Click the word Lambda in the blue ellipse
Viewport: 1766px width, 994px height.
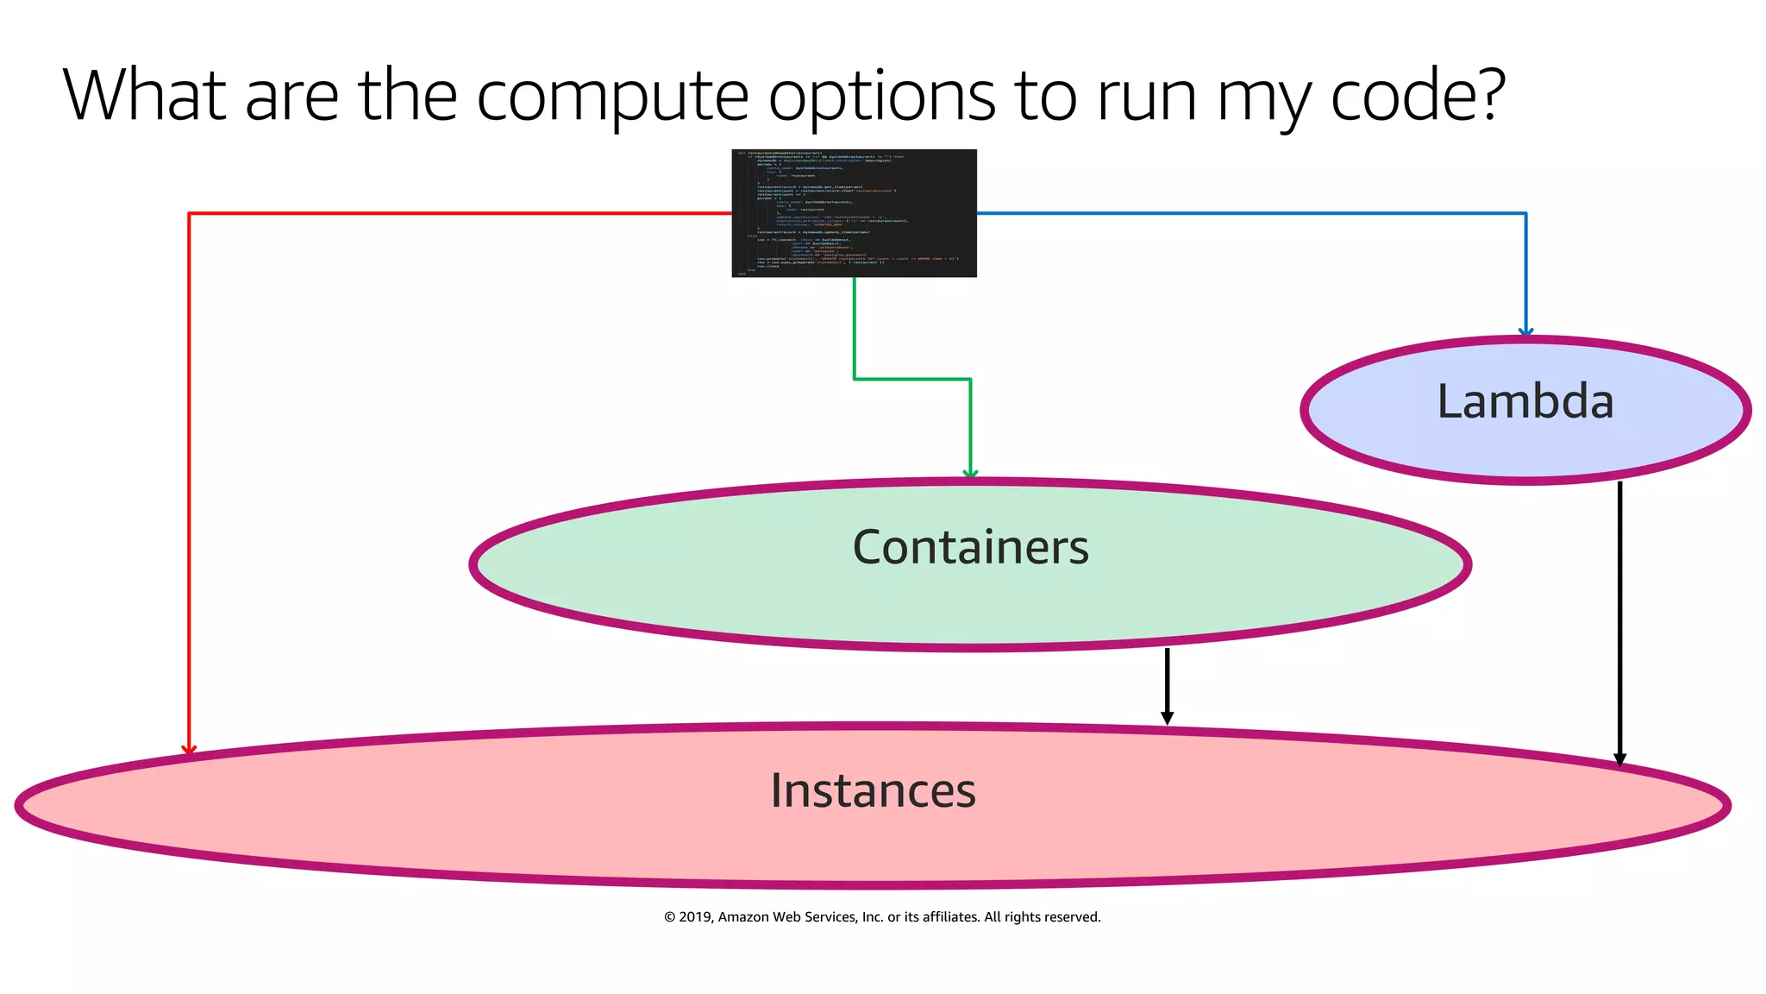pos(1525,402)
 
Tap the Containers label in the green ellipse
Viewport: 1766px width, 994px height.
pos(970,547)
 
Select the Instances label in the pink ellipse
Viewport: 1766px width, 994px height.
pos(873,790)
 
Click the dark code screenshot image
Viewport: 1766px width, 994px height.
pos(854,213)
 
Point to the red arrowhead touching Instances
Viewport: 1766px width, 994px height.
pos(189,750)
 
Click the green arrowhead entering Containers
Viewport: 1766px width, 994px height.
pos(970,473)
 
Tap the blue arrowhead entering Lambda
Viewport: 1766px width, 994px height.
pos(1525,332)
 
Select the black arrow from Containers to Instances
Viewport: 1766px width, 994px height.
pos(1167,686)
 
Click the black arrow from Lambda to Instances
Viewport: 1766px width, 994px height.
pos(1619,621)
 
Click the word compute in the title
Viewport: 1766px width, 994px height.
pos(612,97)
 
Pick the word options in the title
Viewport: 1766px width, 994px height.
pos(881,97)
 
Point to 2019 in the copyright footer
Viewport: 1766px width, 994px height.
pos(694,917)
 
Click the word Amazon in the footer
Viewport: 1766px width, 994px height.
pos(743,917)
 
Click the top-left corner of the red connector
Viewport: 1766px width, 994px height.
pos(189,213)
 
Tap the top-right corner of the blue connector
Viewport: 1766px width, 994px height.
pos(1525,213)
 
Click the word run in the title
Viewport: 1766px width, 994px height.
pos(1146,97)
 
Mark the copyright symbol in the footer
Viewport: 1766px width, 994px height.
pos(669,917)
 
